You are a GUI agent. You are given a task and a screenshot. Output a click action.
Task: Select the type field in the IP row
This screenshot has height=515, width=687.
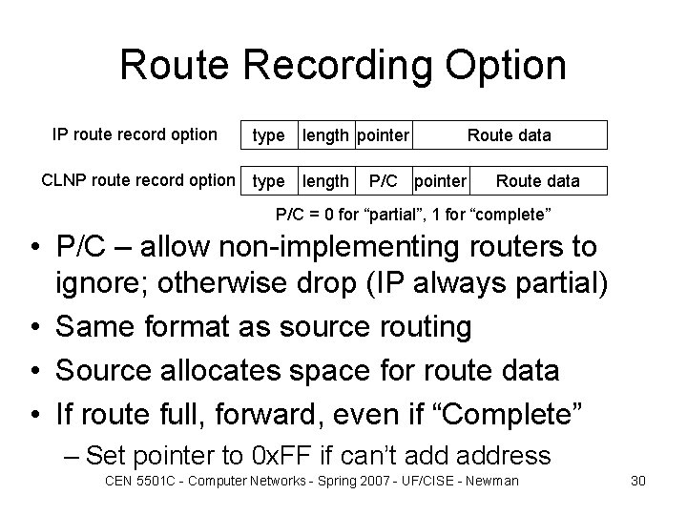pyautogui.click(x=268, y=135)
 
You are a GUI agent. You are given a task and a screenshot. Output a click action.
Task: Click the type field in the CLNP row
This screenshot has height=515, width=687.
pyautogui.click(x=268, y=179)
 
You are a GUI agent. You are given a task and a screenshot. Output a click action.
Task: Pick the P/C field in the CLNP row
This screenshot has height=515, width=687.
pyautogui.click(x=385, y=179)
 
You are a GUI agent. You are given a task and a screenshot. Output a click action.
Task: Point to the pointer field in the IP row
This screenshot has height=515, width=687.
pyautogui.click(x=384, y=135)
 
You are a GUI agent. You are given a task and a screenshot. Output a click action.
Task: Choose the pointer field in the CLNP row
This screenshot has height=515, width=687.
pyautogui.click(x=442, y=179)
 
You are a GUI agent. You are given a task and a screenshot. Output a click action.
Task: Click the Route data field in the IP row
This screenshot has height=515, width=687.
pyautogui.click(x=509, y=135)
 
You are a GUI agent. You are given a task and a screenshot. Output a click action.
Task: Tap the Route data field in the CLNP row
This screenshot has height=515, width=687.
pyautogui.click(x=538, y=179)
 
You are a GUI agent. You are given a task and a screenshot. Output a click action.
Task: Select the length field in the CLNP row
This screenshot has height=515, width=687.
pyautogui.click(x=325, y=179)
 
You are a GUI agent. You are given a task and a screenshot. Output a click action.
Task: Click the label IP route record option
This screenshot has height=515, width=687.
pyautogui.click(x=134, y=134)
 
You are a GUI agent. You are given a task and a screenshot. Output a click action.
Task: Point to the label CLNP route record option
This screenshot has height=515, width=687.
pyautogui.click(x=138, y=178)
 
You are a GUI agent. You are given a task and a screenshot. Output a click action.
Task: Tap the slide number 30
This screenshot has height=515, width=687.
pyautogui.click(x=638, y=480)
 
